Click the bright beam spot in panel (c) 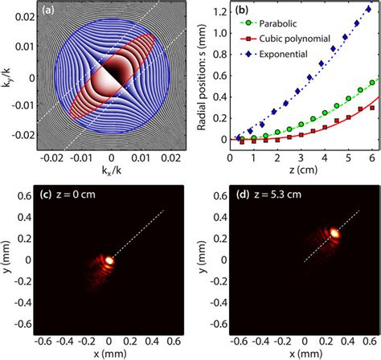109,259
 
